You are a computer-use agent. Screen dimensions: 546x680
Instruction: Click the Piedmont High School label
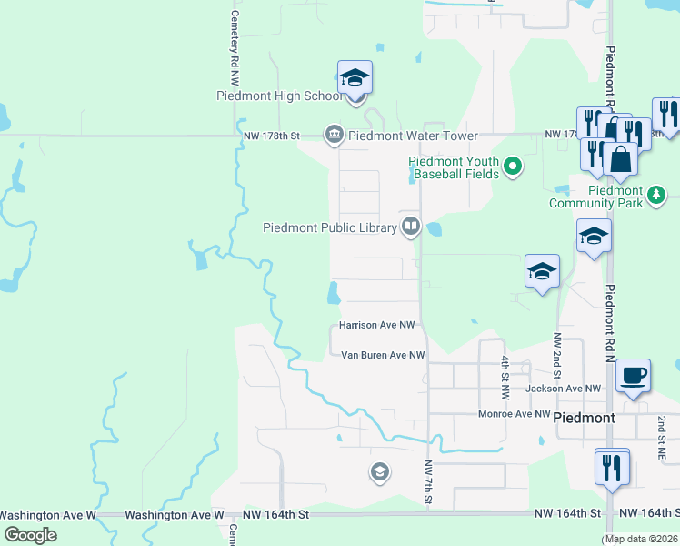click(x=279, y=96)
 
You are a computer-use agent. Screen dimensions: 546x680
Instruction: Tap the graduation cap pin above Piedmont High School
click(x=355, y=78)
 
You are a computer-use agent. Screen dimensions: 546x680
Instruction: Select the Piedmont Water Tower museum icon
click(x=334, y=136)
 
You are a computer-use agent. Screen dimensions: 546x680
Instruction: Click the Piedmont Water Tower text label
click(x=413, y=136)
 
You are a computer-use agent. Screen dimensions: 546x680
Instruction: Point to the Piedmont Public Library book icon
click(x=411, y=227)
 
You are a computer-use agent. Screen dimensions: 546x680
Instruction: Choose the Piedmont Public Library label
click(x=330, y=227)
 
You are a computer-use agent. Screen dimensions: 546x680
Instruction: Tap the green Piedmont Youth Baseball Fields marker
click(x=513, y=166)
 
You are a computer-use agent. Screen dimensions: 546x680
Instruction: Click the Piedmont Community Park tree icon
click(x=655, y=193)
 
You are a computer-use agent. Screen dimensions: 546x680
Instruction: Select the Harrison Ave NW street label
click(x=376, y=325)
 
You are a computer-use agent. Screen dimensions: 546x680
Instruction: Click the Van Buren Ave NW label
click(x=383, y=355)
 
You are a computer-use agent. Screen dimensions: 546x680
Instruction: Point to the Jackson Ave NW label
click(x=564, y=389)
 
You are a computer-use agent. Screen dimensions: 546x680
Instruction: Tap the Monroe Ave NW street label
click(x=515, y=414)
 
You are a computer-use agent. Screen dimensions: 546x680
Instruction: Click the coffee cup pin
click(x=633, y=376)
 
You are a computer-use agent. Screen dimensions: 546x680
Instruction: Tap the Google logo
click(x=31, y=534)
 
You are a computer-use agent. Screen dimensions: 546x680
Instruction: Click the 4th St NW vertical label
click(x=505, y=373)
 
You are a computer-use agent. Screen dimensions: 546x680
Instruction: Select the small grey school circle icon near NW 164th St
click(x=379, y=471)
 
